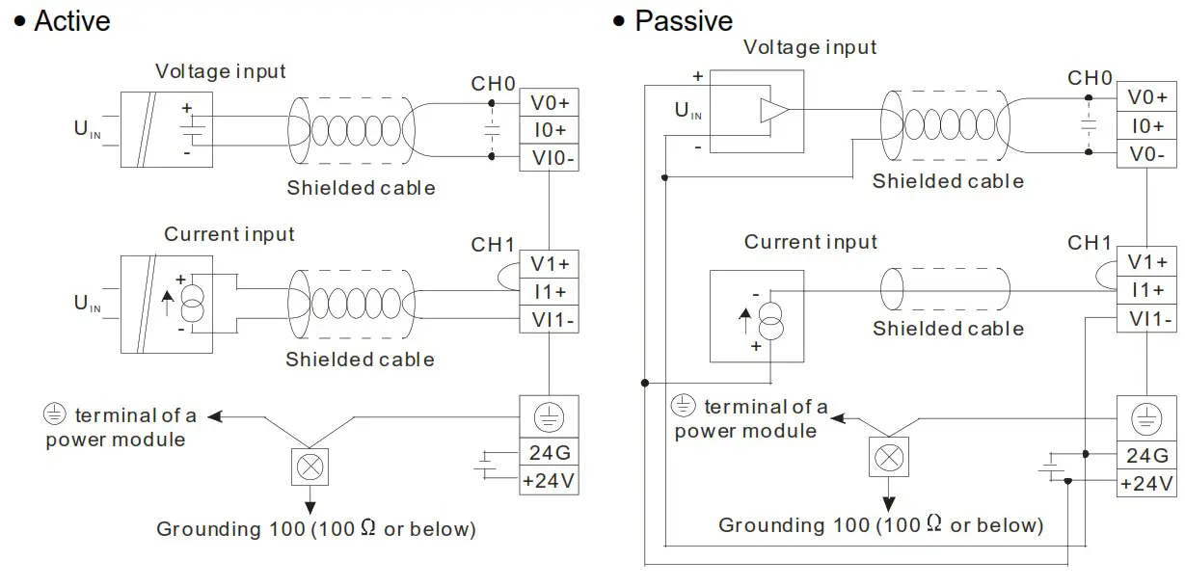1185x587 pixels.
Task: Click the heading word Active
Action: click(72, 21)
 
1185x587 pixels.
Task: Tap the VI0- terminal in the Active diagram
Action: click(549, 157)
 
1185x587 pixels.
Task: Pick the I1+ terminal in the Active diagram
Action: click(549, 291)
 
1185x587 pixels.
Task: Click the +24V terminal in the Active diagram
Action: click(549, 480)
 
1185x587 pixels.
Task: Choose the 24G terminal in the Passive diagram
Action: click(1146, 456)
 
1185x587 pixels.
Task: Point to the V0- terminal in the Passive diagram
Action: click(1146, 153)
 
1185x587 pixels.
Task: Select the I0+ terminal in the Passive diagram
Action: click(1146, 125)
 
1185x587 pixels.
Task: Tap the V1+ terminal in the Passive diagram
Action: click(1146, 262)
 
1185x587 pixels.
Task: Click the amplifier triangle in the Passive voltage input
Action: click(773, 111)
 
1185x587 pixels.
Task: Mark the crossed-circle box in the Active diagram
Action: click(310, 467)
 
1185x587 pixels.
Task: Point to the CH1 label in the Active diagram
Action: click(493, 245)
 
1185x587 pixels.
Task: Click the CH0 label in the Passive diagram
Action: click(1090, 78)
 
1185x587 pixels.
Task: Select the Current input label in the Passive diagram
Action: click(810, 242)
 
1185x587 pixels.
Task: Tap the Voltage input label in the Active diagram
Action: click(221, 71)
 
